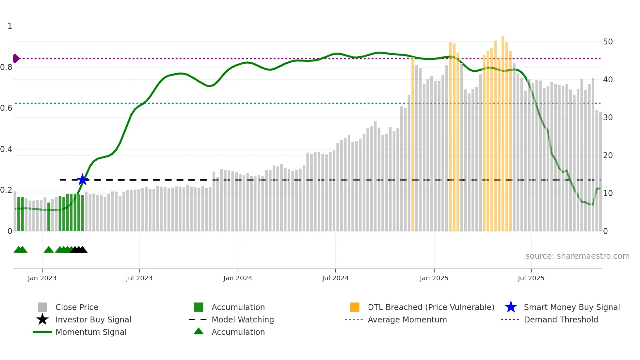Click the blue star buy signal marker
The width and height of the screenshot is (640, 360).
[x=83, y=180]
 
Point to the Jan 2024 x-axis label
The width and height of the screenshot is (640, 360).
[x=238, y=278]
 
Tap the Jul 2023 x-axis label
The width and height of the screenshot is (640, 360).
[x=139, y=278]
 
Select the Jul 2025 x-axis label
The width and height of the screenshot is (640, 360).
[x=531, y=278]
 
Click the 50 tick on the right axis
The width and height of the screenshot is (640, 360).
[x=608, y=42]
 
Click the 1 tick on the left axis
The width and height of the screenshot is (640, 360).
[x=10, y=26]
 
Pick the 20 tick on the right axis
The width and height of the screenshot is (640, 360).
[x=608, y=155]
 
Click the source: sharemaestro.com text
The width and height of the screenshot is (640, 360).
[x=577, y=256]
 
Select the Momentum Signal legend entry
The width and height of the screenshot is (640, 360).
[x=91, y=332]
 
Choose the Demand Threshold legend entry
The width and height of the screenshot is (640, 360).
[x=561, y=319]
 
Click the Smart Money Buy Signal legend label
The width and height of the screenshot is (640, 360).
[x=571, y=307]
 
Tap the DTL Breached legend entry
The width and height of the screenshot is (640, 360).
[x=431, y=307]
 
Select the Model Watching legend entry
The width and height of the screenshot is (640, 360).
[x=242, y=319]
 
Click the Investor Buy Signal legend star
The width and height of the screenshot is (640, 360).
[x=42, y=319]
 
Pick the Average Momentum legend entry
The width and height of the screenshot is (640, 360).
[x=407, y=319]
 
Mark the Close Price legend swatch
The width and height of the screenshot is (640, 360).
[x=42, y=307]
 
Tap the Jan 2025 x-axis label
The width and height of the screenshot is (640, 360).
[x=434, y=278]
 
